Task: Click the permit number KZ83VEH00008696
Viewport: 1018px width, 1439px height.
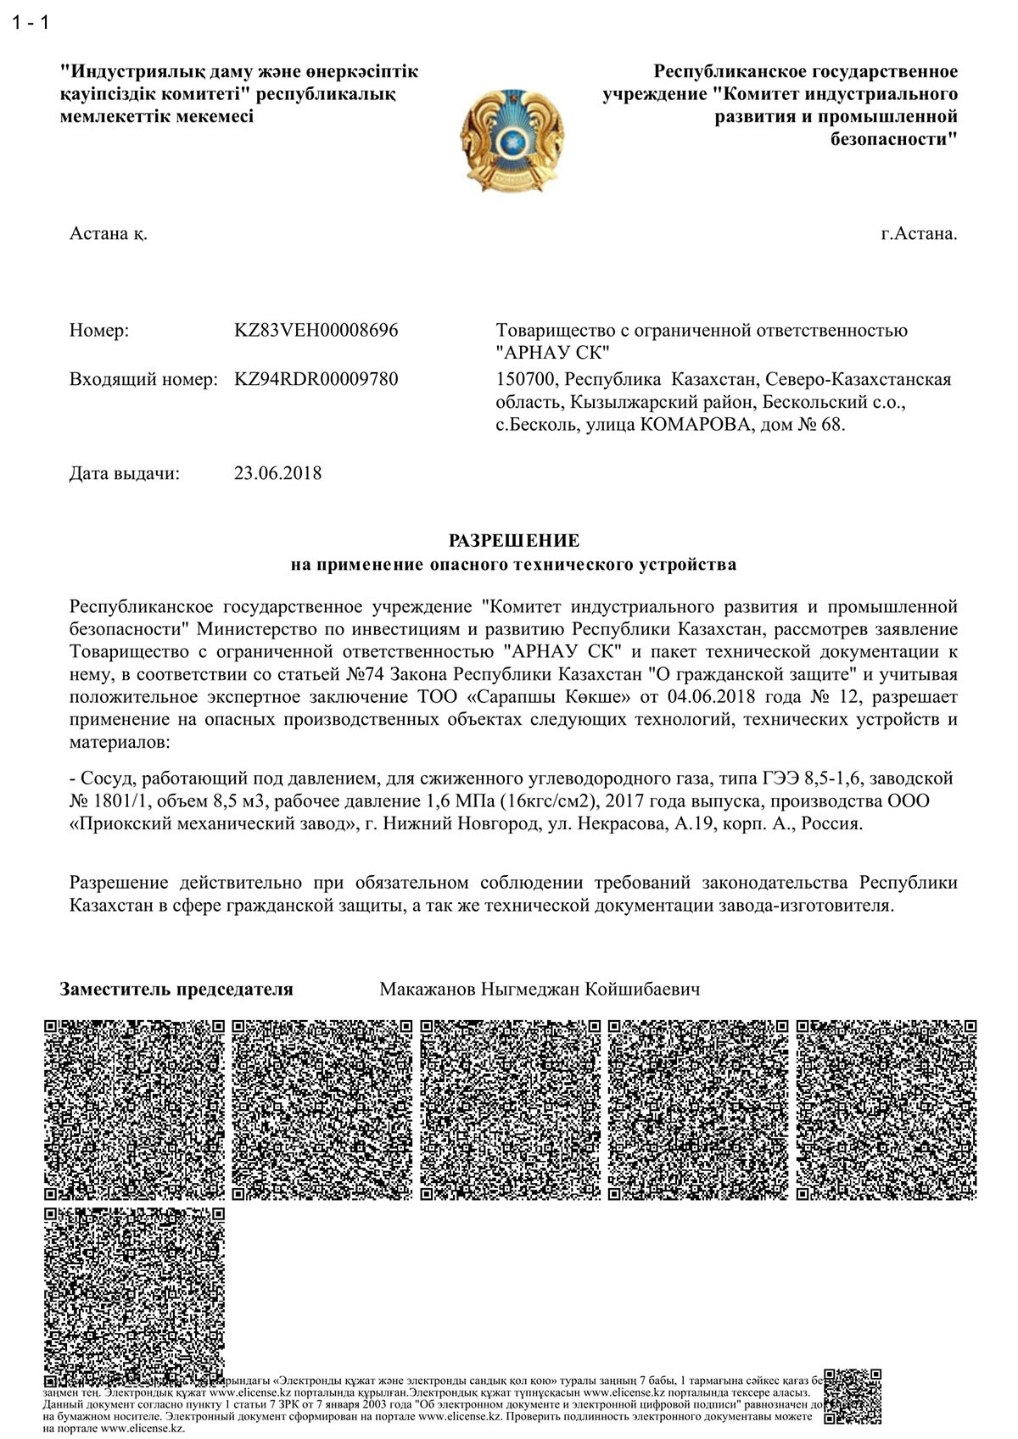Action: coord(316,331)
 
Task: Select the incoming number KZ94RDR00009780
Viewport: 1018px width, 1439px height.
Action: coord(316,379)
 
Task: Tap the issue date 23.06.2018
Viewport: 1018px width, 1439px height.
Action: coord(277,473)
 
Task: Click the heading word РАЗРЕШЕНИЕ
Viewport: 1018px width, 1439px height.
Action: coord(513,540)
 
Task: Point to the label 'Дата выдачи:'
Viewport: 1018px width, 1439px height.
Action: coord(125,473)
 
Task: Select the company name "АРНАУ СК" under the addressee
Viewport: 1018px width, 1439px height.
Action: coord(552,353)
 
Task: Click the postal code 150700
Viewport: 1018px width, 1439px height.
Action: coord(526,379)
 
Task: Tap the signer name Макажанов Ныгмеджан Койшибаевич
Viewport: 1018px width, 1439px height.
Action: coord(540,989)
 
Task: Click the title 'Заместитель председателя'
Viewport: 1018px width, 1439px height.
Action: coord(176,989)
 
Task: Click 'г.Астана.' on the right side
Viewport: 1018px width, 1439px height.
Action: coord(919,234)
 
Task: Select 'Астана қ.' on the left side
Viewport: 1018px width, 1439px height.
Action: coord(109,234)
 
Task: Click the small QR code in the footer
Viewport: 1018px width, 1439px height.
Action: coord(853,1397)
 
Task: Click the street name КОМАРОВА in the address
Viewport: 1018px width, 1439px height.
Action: coord(694,425)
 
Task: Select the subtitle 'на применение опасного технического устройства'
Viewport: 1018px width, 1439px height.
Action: coord(513,564)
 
